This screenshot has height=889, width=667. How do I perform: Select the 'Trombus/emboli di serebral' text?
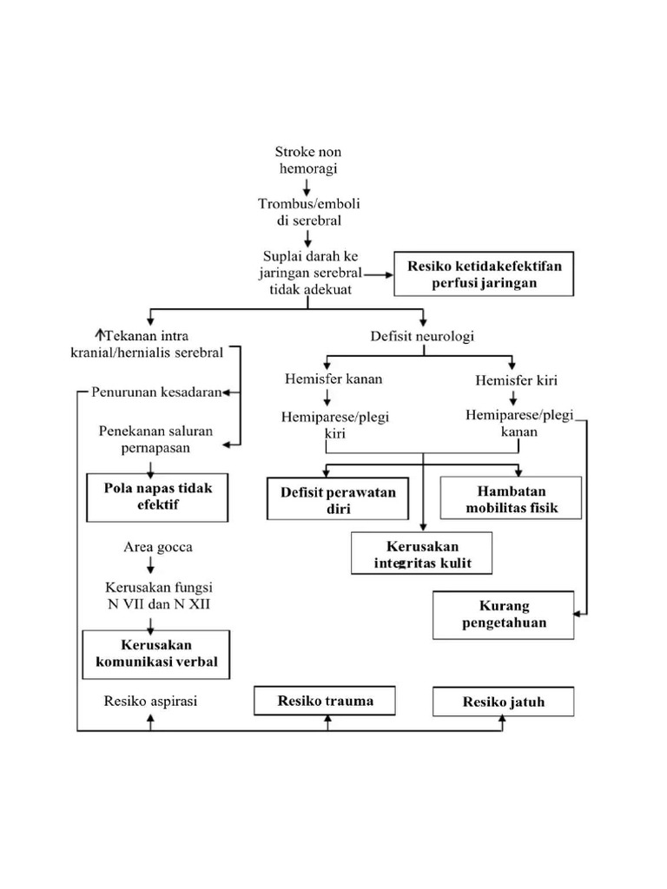point(309,212)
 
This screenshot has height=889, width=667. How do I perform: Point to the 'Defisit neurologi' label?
point(422,335)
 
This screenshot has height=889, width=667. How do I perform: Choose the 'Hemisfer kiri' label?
point(516,379)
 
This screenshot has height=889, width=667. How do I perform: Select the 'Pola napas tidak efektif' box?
point(157,496)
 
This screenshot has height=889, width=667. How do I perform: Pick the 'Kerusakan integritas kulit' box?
point(422,555)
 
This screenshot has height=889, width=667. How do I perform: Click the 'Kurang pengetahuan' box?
point(503,614)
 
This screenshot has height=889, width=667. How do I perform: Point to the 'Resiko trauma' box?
point(325,701)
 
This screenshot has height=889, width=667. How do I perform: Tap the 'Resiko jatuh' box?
point(504,701)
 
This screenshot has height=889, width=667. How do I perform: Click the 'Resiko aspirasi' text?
point(150,701)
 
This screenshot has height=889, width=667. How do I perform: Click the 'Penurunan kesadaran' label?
point(156,392)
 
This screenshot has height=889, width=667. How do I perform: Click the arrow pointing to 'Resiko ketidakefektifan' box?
point(380,273)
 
